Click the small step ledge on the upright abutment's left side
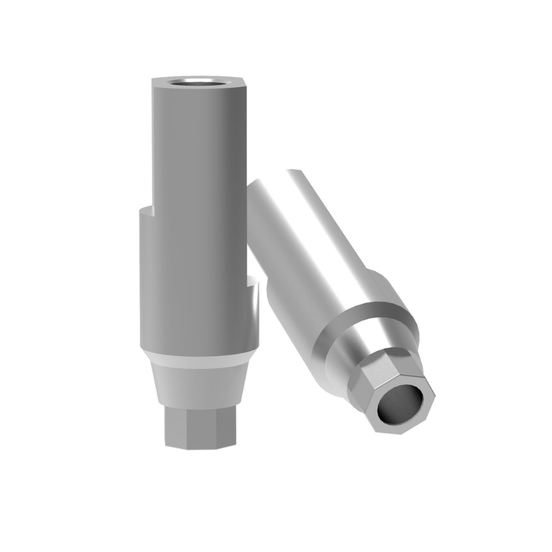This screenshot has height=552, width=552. [x=145, y=208]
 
